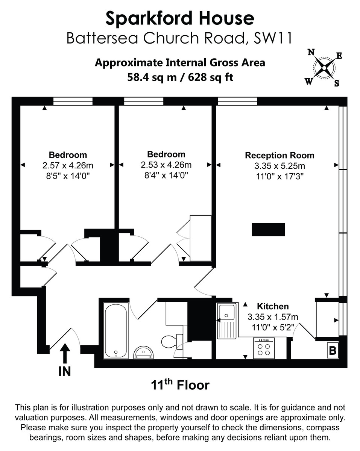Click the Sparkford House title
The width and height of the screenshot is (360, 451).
(x=180, y=18)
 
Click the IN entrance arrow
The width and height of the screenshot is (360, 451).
(x=65, y=354)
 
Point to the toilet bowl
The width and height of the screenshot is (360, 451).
(x=169, y=342)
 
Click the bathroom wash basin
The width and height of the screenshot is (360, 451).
(x=143, y=352)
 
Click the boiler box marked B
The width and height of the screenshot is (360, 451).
(x=333, y=351)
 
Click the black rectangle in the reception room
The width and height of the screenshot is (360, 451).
(x=268, y=229)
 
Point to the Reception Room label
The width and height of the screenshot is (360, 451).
(x=279, y=156)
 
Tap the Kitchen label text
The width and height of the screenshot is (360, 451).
(x=273, y=306)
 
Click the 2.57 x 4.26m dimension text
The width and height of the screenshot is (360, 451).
(x=68, y=165)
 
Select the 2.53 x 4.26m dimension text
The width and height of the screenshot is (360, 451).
(x=166, y=165)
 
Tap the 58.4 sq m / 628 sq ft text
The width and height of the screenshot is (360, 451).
(x=180, y=77)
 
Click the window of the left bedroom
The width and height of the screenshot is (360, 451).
(x=73, y=101)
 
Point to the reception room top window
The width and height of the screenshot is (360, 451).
(x=237, y=101)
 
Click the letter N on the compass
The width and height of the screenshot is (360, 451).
(x=311, y=53)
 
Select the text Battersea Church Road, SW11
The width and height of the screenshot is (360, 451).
(x=180, y=38)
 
